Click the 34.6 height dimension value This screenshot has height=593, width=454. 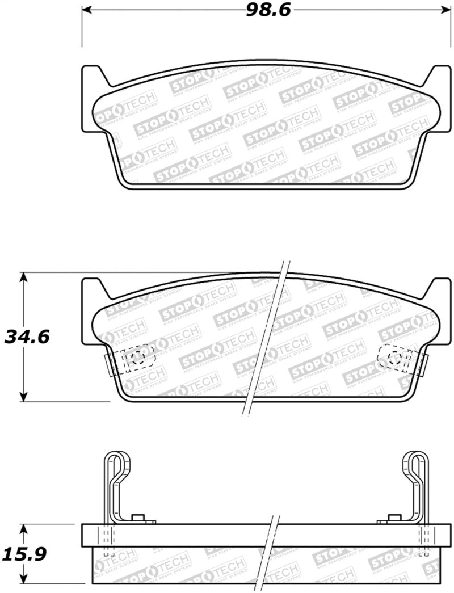pyautogui.click(x=27, y=337)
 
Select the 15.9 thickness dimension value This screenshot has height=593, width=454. pyautogui.click(x=25, y=553)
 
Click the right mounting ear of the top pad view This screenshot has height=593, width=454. pyautogui.click(x=439, y=85)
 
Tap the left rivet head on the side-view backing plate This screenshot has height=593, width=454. pyautogui.click(x=137, y=518)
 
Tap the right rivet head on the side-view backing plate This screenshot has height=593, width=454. pyautogui.click(x=393, y=518)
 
